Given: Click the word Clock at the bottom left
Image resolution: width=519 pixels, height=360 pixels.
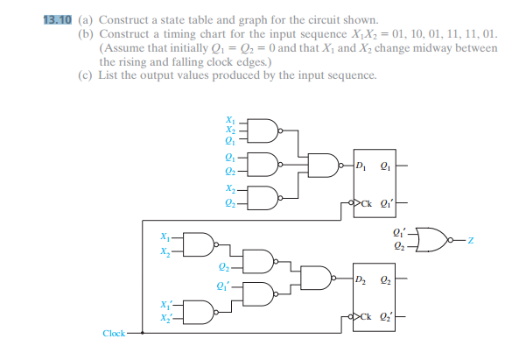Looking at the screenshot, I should pyautogui.click(x=114, y=334).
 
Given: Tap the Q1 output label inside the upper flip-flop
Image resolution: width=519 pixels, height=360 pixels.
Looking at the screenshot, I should pyautogui.click(x=386, y=166).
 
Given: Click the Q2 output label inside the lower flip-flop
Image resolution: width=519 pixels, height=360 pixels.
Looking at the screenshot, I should pyautogui.click(x=386, y=280).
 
